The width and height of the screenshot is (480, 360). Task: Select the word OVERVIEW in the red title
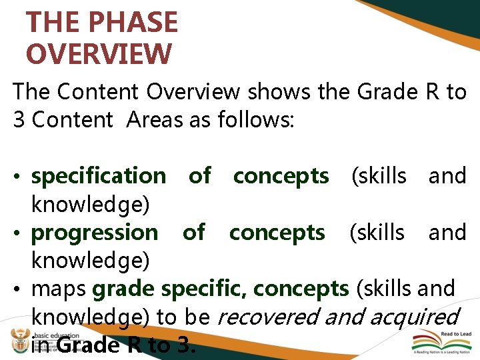point(99,54)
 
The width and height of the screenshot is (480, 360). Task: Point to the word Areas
point(157,120)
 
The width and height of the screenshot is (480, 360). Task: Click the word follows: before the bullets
point(256,120)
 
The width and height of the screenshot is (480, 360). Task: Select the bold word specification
point(99,176)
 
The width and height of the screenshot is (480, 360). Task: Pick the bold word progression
point(95,233)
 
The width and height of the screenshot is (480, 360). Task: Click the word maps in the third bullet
point(59,289)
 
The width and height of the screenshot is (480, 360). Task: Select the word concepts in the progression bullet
point(277,233)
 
